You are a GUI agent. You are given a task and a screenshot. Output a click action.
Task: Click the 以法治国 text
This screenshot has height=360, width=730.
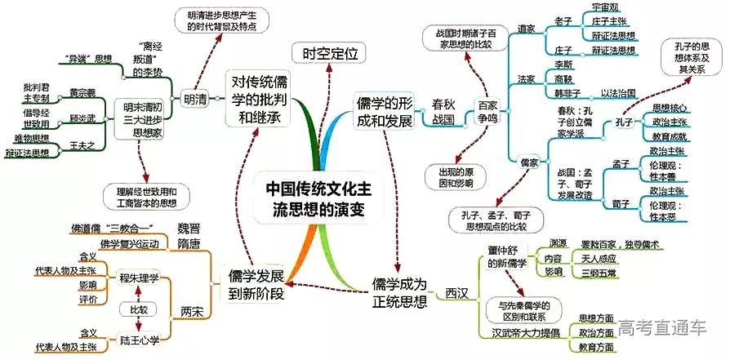tap(621, 94)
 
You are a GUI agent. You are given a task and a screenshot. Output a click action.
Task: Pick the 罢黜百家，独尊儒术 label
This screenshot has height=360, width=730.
tap(620, 243)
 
